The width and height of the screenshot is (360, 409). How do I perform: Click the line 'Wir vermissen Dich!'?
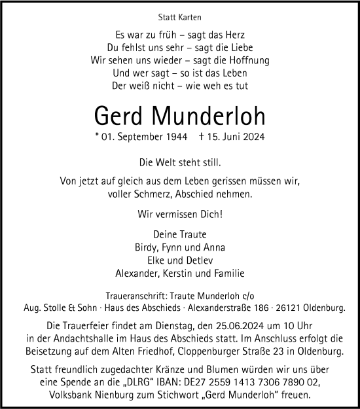(179, 213)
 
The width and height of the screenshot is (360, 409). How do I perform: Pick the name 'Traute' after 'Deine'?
(193, 235)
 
